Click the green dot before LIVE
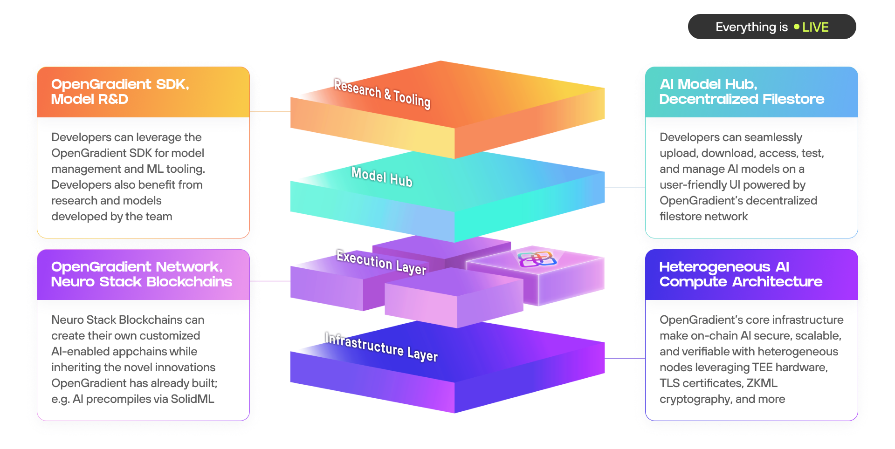[796, 27]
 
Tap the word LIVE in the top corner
[815, 27]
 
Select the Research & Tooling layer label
[382, 93]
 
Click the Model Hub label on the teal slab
[382, 177]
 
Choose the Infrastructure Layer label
[381, 347]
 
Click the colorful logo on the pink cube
[537, 259]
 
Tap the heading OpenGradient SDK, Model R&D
[120, 92]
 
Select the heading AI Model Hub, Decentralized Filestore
[741, 92]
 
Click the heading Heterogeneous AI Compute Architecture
[740, 274]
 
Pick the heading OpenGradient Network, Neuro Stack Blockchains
[141, 274]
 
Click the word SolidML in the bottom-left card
[192, 399]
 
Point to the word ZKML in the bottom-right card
[762, 383]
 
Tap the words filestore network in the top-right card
[703, 217]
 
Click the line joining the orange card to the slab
[270, 111]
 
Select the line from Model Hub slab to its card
[625, 188]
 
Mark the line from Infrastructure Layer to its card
[625, 358]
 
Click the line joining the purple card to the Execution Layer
[270, 281]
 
